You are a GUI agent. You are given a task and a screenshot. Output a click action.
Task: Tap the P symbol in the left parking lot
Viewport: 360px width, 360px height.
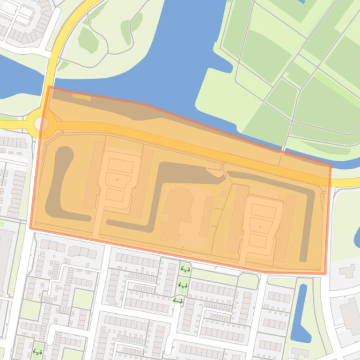[x=117, y=180]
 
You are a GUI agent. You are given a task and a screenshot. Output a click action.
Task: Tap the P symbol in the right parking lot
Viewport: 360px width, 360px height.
[x=260, y=227]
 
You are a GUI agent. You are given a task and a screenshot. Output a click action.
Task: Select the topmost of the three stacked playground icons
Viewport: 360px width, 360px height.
[x=185, y=269]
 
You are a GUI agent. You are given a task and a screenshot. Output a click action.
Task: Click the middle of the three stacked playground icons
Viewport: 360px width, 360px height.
[x=183, y=285]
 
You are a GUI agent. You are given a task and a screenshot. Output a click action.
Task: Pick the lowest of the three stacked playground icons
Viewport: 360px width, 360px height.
[x=177, y=300]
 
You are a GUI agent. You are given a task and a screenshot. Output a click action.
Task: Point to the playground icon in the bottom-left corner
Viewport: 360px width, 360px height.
[x=37, y=352]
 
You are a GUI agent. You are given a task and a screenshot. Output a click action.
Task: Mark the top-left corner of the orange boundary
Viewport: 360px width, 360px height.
[x=49, y=86]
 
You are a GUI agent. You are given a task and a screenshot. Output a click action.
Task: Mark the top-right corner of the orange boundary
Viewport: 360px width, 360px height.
[x=331, y=164]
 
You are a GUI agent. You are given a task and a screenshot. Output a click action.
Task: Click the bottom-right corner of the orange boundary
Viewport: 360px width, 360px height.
[x=325, y=274]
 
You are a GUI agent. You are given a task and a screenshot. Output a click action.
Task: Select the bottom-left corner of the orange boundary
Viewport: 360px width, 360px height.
[x=30, y=228]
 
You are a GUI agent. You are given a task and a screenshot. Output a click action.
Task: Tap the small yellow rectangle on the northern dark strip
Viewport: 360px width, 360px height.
[x=81, y=97]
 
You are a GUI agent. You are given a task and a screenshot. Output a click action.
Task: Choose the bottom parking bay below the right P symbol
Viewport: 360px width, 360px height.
[x=257, y=241]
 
